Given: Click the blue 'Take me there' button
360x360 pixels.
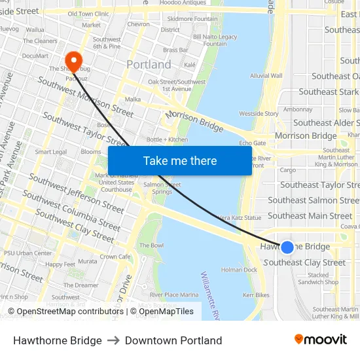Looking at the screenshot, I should coord(180,160).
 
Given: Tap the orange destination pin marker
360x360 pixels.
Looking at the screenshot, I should coord(73,62).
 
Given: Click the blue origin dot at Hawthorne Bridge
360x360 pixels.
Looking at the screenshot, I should coord(287,247).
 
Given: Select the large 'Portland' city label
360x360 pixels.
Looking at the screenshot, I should coord(149,65).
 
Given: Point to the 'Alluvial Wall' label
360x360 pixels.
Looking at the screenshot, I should coord(266,76).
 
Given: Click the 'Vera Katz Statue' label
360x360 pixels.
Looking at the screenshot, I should coord(239,217).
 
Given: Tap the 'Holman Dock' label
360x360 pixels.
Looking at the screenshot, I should coord(239,270).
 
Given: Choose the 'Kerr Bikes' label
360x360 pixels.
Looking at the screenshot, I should coord(256,295).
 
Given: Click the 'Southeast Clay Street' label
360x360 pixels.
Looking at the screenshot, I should coord(304,262).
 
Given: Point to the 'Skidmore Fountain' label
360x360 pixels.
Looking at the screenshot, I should coord(197,19).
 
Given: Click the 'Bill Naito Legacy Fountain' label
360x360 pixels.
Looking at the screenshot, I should coord(211,41).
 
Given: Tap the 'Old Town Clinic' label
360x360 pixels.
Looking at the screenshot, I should coord(88,14).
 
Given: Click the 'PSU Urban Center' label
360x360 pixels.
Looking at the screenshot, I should coord(28,253).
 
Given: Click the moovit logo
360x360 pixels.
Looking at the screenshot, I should coord(321,339).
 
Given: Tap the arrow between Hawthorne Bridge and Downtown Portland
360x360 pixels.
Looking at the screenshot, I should coord(113,340).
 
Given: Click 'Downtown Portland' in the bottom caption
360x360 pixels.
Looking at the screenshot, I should coord(173,340).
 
